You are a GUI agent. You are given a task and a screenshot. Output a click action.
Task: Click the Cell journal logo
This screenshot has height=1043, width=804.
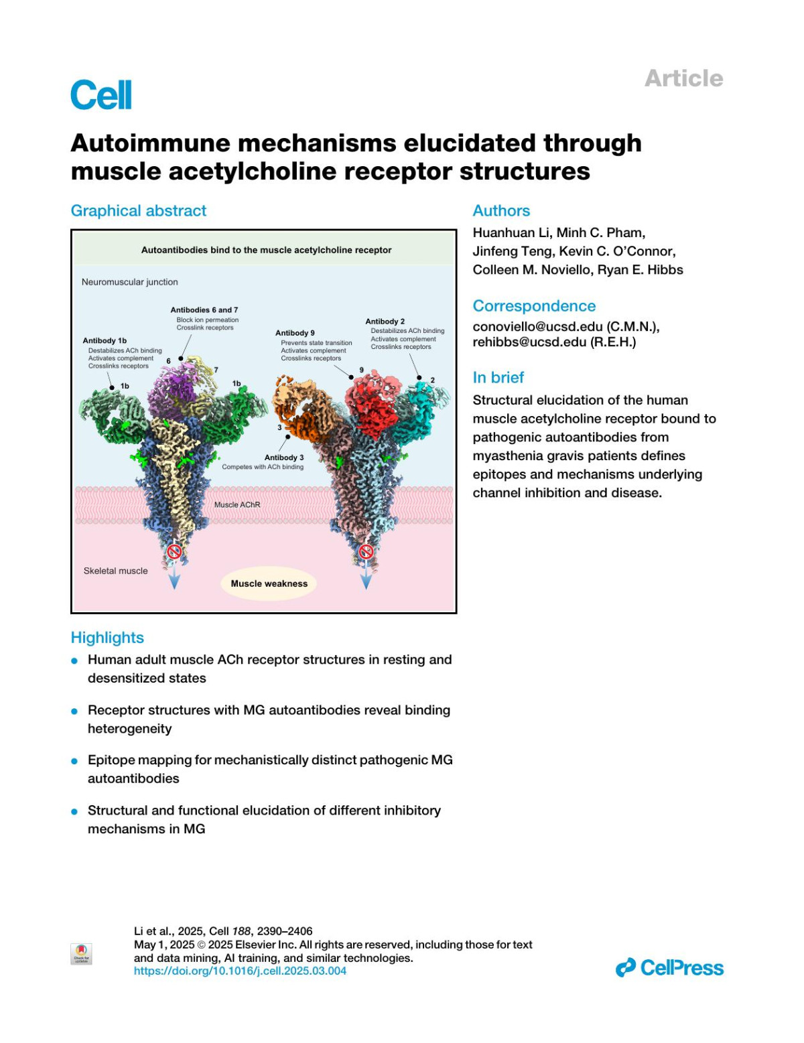point(101,94)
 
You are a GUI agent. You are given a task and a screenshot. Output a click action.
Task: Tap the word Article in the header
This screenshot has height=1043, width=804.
point(683,78)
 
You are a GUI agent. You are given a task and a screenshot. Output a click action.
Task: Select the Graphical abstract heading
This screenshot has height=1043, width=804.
point(139,211)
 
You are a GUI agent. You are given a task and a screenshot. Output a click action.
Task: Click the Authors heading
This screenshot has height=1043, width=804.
point(501,211)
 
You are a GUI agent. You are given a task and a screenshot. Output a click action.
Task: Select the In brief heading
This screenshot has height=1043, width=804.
point(498,378)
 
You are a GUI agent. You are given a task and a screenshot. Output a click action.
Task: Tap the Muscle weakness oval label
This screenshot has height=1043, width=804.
point(269,583)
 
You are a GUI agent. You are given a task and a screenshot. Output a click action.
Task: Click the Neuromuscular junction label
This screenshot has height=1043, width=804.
point(130,282)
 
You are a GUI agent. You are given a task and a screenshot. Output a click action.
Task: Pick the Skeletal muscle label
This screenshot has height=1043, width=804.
point(115,571)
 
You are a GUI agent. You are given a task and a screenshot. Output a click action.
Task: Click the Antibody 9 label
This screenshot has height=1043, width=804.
point(295,333)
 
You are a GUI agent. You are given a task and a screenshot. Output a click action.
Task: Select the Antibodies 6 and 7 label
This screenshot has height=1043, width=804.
point(204,310)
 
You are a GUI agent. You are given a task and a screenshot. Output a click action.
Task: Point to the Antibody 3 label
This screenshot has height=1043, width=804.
point(284,458)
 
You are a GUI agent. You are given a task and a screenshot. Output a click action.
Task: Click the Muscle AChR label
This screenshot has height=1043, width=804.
point(237,504)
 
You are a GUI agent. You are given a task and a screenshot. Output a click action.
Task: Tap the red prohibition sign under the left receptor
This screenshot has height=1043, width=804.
point(174,551)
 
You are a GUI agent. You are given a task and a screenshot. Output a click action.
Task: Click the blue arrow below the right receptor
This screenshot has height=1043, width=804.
point(366,577)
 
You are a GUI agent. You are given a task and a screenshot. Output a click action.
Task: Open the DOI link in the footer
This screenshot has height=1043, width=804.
point(240,971)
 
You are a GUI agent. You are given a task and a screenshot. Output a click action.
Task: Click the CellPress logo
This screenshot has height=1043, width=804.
point(669,968)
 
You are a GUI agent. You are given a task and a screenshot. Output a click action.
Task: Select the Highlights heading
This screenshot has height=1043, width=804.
point(107,638)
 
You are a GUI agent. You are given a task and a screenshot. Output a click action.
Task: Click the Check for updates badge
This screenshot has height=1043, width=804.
point(81,954)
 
